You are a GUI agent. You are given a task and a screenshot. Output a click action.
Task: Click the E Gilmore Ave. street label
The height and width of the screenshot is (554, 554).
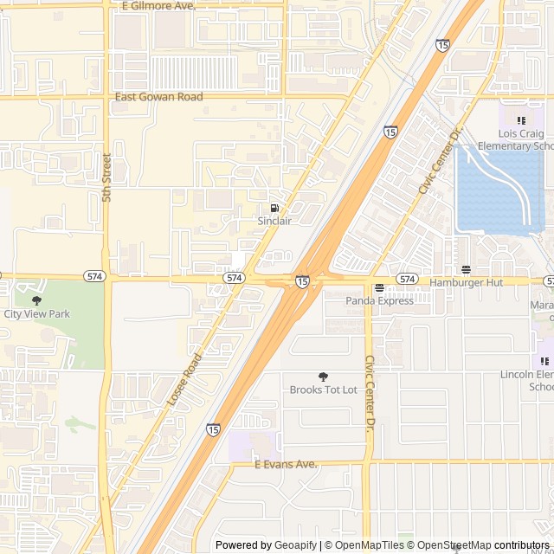point(159,6)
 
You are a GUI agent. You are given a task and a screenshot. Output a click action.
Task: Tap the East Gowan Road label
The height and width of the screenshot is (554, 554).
point(159,97)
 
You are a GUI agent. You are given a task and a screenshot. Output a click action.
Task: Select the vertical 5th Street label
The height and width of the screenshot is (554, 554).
point(107,177)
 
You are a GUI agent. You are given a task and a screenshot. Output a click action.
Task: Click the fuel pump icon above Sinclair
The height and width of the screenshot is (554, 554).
point(274,208)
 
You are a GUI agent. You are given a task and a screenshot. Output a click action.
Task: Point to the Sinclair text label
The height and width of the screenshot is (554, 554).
point(274,222)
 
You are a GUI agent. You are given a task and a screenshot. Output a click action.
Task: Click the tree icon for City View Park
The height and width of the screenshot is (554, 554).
point(36,300)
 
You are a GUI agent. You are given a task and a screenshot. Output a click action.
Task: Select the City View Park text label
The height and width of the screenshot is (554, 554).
point(36,314)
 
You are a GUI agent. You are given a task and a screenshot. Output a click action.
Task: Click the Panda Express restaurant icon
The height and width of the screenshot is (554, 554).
point(379,287)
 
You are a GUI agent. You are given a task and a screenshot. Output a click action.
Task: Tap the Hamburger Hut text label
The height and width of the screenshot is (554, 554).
point(466,283)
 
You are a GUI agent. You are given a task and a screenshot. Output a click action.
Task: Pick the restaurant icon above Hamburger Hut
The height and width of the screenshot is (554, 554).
point(466,269)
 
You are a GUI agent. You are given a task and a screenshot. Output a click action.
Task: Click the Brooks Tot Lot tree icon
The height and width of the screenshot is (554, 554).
point(323,377)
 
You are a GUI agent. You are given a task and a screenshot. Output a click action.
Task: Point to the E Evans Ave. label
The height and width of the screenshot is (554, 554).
point(286,465)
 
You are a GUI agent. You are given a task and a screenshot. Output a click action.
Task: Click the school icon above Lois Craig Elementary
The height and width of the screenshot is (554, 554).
point(520,120)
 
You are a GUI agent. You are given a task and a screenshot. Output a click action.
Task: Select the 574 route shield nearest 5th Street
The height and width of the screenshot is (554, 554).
point(95,276)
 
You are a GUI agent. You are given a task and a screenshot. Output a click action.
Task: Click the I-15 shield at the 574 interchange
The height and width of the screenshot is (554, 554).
point(302,281)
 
